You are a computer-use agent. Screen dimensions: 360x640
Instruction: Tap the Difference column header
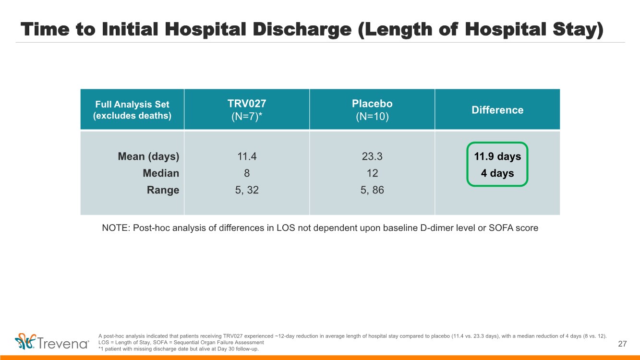click(x=497, y=110)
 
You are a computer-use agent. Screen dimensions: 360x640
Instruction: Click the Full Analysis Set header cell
click(x=132, y=109)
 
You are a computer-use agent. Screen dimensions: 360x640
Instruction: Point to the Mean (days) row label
click(x=148, y=156)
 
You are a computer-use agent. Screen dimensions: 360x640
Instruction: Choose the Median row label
click(x=161, y=173)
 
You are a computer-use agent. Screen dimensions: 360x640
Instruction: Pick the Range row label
click(x=163, y=190)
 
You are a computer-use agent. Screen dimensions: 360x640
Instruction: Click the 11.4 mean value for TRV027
click(x=246, y=156)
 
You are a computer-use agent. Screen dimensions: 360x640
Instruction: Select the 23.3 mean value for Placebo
click(x=372, y=156)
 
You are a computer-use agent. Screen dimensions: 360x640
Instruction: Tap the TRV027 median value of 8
click(x=246, y=173)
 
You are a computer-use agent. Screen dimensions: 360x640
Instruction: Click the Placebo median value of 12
click(x=372, y=173)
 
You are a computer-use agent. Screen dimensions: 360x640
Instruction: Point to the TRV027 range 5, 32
click(x=246, y=190)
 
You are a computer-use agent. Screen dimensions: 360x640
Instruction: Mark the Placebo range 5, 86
click(x=372, y=190)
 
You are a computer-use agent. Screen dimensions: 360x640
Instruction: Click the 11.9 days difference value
click(x=497, y=156)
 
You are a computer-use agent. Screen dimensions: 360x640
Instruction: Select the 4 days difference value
click(x=497, y=173)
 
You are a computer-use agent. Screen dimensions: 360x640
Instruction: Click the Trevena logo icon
click(x=26, y=341)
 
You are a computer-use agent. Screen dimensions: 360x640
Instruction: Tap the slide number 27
click(x=623, y=344)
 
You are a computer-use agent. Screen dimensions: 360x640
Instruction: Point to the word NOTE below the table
click(x=115, y=228)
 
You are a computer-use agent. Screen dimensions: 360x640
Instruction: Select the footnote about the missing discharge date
click(x=178, y=349)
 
